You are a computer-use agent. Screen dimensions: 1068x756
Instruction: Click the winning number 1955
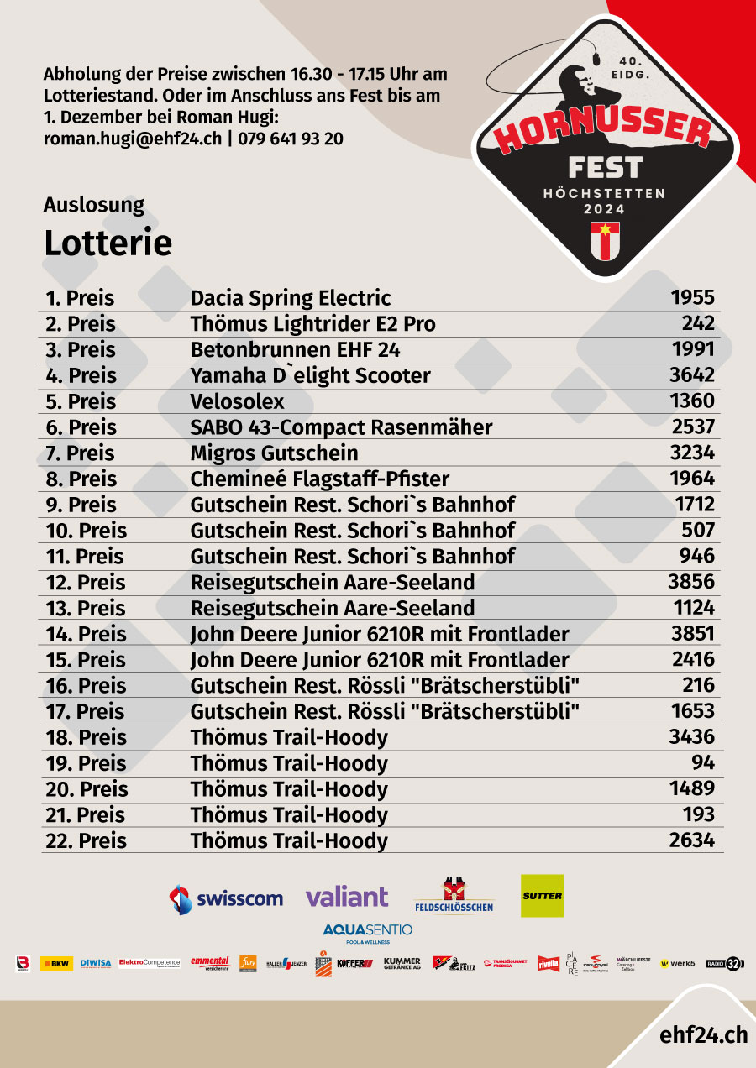point(692,297)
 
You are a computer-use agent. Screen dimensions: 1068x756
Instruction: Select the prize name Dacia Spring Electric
point(290,298)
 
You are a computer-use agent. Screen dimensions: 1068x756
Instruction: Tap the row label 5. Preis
point(81,401)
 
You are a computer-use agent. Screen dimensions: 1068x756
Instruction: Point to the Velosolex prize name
point(237,401)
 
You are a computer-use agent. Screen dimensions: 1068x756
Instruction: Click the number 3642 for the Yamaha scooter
point(691,374)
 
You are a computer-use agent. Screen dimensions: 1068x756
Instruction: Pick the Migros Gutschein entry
point(274,453)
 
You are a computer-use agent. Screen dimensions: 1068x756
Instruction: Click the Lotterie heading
point(108,243)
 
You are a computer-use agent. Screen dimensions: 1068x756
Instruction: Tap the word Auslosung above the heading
point(94,205)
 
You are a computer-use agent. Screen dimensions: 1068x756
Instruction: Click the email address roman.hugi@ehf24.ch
point(133,139)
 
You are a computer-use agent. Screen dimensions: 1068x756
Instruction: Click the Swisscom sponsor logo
point(226,898)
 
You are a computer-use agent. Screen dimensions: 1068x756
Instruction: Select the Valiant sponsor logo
point(347,897)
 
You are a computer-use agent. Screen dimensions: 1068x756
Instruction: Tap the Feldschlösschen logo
point(454,897)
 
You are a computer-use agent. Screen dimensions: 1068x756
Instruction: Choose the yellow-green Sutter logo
point(542,896)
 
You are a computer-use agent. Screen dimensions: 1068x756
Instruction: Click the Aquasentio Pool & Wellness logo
point(368,932)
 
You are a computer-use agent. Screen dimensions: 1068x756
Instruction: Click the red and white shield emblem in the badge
point(605,240)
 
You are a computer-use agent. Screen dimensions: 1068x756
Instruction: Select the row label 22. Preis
point(86,840)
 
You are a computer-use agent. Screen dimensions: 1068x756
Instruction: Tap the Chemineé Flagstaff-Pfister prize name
point(319,479)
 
